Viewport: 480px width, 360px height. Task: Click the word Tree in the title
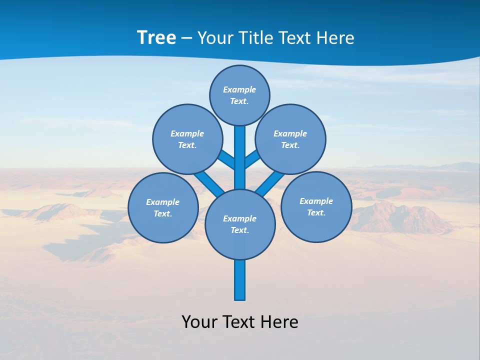pos(156,38)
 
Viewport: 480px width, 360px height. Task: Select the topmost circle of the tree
pos(239,95)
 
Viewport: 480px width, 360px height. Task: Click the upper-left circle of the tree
pos(187,139)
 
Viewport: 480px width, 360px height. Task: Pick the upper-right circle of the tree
pos(290,139)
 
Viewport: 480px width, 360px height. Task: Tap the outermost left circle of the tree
pos(163,208)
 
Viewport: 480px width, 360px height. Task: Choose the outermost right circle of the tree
pos(316,207)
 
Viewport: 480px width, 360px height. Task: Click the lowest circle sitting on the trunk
pos(240,224)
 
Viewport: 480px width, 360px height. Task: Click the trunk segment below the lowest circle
pos(240,280)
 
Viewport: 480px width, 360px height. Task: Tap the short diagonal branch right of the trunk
pos(252,159)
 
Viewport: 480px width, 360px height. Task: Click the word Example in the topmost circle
pos(239,90)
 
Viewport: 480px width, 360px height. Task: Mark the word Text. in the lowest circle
pos(239,230)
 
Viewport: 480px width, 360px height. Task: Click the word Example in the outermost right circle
pos(316,201)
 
